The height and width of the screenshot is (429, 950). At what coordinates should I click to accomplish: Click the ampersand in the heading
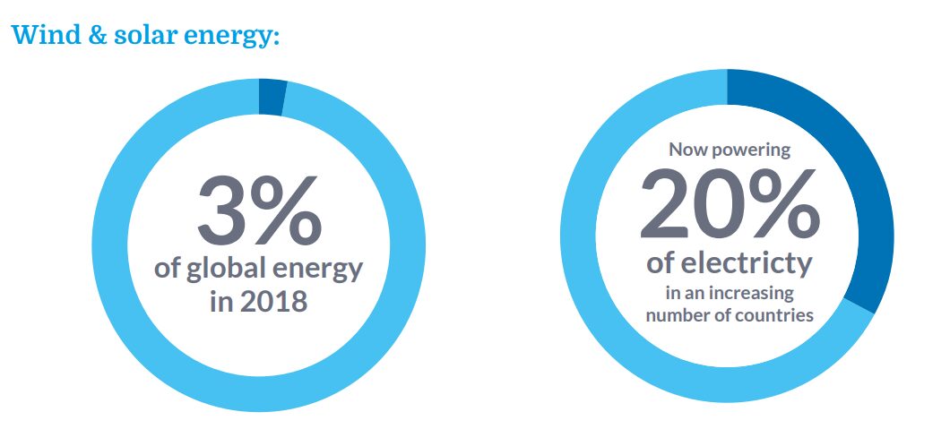93,36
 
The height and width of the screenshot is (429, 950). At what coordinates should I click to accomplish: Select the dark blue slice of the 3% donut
272,97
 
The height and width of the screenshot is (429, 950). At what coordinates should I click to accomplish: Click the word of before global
168,270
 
